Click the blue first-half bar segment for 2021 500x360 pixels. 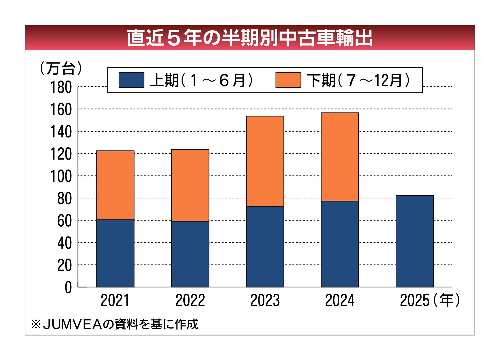115,253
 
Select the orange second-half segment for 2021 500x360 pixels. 115,185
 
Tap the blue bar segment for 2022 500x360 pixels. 190,254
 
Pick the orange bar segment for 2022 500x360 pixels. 190,185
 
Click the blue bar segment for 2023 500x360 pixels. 265,246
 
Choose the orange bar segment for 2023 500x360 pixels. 265,161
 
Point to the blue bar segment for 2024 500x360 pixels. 340,244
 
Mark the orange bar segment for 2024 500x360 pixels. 340,157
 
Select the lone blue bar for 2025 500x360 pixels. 414,241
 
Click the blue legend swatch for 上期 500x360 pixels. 131,80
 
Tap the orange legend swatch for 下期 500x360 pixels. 288,80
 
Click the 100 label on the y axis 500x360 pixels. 61,176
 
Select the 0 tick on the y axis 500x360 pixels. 68,288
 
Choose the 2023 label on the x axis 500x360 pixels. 265,300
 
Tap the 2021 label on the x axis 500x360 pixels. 115,300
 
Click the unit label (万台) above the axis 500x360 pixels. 61,68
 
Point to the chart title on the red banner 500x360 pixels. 250,38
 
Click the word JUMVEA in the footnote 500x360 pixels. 72,325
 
